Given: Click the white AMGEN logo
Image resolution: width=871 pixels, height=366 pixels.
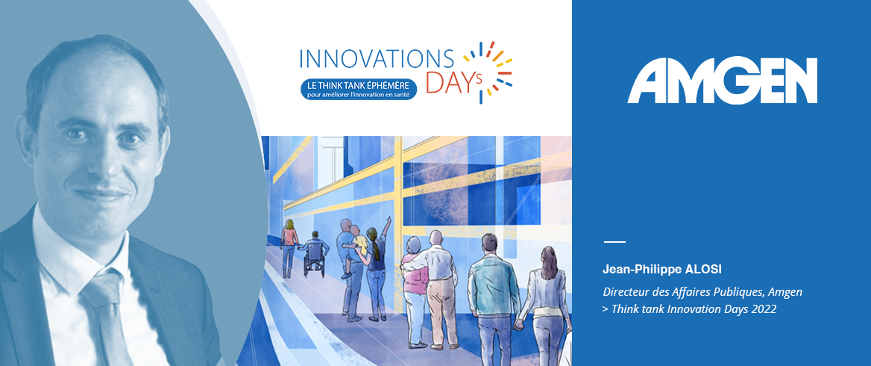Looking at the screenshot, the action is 722,81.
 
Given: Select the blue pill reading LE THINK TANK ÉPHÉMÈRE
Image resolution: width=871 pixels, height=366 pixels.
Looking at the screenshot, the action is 359,89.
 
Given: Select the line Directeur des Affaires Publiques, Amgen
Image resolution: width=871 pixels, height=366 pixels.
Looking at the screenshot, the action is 702,291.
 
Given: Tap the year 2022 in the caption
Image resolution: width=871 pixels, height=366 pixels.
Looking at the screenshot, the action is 764,309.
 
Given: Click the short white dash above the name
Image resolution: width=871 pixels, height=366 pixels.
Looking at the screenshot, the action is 614,242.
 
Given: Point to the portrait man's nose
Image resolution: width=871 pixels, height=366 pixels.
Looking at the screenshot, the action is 100,161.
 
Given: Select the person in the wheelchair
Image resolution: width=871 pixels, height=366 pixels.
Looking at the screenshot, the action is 314,253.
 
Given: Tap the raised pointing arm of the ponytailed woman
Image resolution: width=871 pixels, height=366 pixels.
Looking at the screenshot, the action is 384,229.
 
